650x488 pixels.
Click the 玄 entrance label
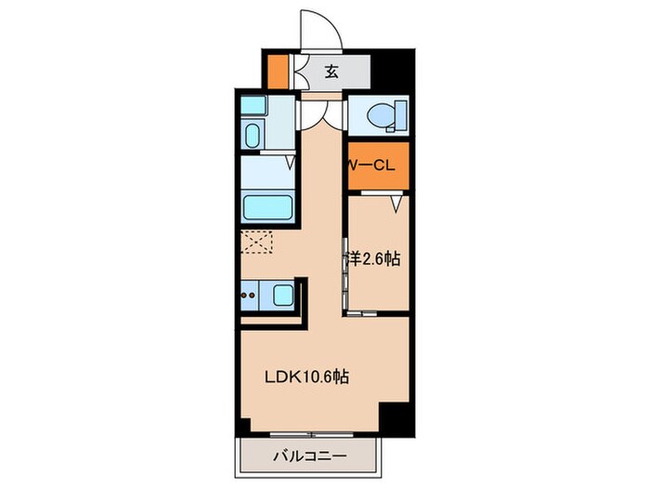[331, 71]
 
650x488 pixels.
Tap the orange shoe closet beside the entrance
[278, 71]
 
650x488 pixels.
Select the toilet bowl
[382, 116]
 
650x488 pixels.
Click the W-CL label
[372, 165]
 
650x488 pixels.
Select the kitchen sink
[284, 297]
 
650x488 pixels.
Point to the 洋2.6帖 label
[375, 260]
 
